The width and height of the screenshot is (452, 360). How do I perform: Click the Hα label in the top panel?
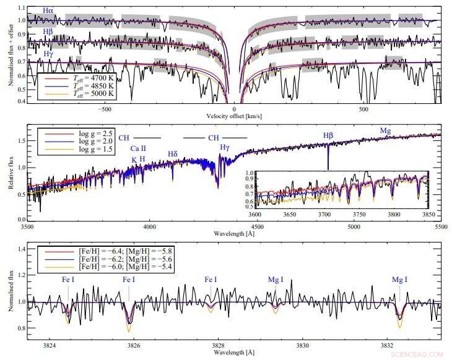(48, 11)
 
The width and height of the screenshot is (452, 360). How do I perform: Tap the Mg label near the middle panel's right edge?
(386, 131)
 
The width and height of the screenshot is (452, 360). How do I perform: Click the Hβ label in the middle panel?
(329, 136)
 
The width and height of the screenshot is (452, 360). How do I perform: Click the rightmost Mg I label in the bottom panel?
(399, 280)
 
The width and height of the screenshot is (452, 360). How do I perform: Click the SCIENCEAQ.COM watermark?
(418, 354)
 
